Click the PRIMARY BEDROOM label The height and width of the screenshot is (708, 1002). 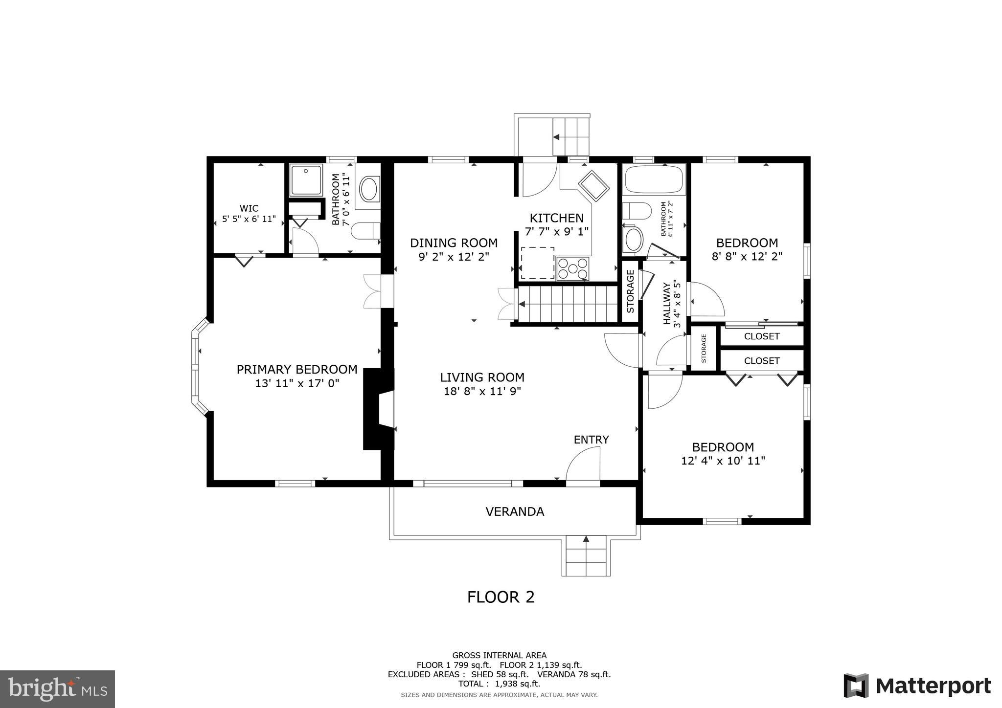pos(296,369)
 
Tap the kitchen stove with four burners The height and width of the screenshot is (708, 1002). pos(572,268)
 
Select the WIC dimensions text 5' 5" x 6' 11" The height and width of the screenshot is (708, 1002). pos(249,219)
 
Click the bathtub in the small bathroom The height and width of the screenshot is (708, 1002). pos(654,180)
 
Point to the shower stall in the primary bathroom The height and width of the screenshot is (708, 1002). pos(306,180)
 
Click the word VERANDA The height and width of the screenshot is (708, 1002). pos(515,511)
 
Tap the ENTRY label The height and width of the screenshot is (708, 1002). pos(591,440)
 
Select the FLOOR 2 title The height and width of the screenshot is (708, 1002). pos(501,597)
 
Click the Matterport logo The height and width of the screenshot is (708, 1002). pos(917,686)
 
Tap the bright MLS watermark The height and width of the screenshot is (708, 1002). pos(57,689)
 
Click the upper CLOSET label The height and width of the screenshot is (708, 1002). pos(761,336)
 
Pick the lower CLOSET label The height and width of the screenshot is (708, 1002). pos(761,361)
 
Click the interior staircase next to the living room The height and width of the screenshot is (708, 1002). pos(568,304)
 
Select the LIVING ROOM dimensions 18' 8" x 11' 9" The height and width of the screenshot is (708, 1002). pos(482,391)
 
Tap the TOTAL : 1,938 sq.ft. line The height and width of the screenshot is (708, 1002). pos(499,684)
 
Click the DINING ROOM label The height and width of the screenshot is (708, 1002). pos(454,243)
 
